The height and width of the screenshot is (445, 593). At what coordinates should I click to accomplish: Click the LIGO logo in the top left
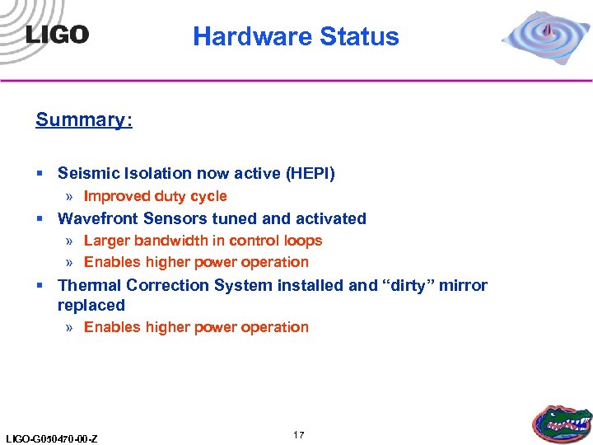point(57,34)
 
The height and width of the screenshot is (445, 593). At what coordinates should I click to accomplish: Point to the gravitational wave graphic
point(546,37)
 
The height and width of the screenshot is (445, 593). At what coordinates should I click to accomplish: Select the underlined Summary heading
point(83,119)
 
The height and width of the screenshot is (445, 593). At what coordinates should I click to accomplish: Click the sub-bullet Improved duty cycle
point(155,196)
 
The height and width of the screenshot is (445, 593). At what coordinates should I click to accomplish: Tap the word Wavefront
point(99,218)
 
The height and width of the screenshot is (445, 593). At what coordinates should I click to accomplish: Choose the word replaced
point(91,305)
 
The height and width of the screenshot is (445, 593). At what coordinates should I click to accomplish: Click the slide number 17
point(298,434)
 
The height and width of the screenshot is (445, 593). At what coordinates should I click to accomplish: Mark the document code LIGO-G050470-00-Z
point(51,438)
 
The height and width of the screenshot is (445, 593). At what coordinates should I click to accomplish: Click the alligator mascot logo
point(562,422)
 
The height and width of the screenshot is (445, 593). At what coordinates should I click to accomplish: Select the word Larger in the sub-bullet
point(106,241)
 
